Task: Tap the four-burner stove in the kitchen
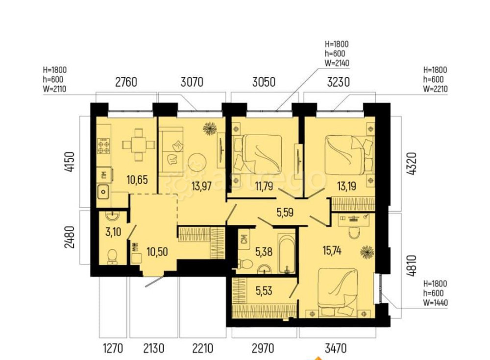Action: (103, 146)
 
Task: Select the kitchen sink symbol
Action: (104, 192)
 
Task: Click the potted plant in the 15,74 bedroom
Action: (367, 252)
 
